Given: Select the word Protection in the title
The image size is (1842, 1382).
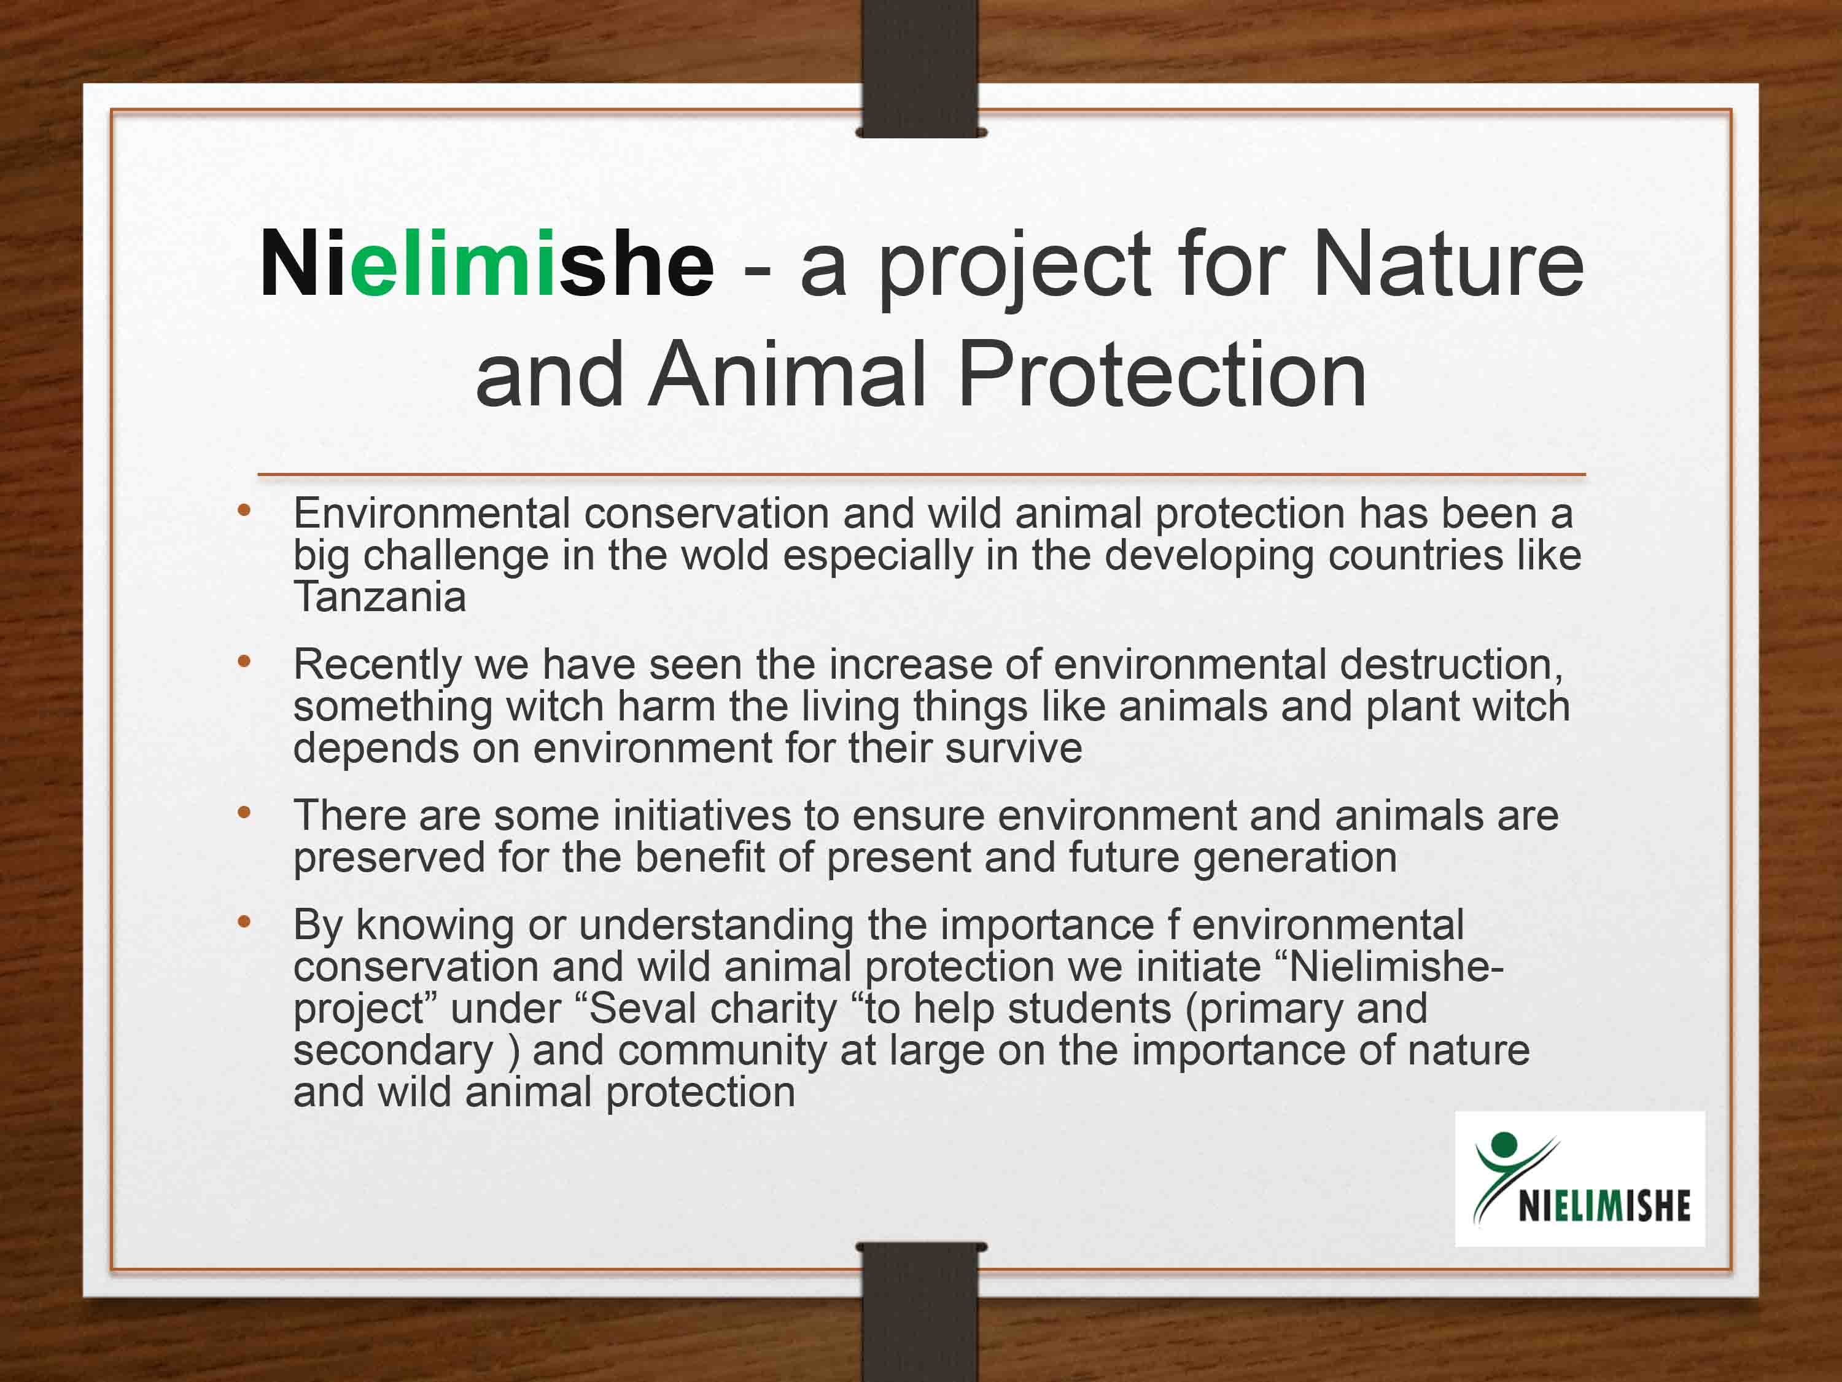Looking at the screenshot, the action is tap(1162, 375).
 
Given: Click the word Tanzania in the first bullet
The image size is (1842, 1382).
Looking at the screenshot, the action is tap(379, 596).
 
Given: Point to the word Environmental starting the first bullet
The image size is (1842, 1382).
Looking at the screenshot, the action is tap(432, 513).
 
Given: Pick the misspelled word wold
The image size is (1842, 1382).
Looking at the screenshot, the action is tap(725, 555).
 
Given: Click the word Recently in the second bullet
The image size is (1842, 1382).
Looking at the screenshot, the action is tap(377, 664).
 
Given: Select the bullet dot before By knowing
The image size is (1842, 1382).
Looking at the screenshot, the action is tap(244, 922).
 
